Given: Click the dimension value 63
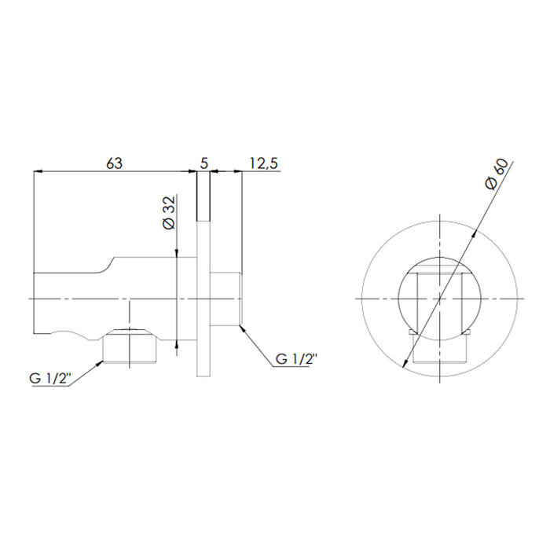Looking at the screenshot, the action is (115, 163).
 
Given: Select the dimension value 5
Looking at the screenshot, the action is (203, 163).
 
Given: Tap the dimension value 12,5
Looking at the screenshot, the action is (264, 163).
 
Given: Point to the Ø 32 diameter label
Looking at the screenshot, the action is (170, 213).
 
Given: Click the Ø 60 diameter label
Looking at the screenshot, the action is (497, 174).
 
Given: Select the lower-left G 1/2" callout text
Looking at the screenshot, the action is (50, 379).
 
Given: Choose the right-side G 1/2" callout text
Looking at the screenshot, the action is (296, 359).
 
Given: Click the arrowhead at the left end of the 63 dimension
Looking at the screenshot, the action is (38, 171).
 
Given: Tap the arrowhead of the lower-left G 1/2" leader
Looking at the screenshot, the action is (100, 364).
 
